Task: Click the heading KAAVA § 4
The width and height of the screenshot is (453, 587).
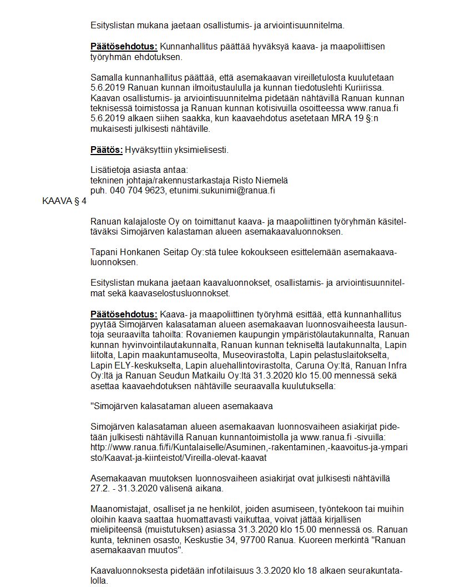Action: (x=64, y=202)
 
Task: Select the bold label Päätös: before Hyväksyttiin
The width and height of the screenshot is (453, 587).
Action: (x=106, y=150)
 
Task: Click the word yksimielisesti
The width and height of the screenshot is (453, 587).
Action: (x=200, y=150)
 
